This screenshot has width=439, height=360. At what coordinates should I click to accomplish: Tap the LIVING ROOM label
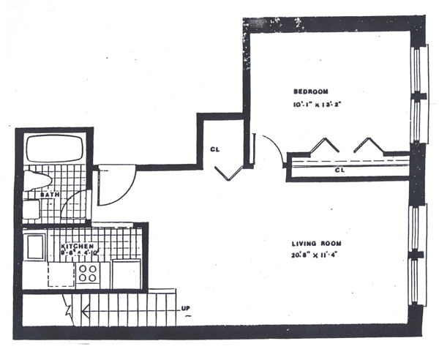click(315, 243)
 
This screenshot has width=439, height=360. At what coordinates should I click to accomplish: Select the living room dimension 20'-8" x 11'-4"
click(315, 255)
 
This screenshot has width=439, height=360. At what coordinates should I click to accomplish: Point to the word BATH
click(49, 195)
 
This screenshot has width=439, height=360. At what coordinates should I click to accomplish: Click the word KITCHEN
click(78, 247)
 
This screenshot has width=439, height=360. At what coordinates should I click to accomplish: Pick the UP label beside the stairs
click(187, 308)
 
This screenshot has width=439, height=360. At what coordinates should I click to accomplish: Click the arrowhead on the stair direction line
click(70, 312)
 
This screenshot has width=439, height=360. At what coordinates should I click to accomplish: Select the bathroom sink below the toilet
click(31, 209)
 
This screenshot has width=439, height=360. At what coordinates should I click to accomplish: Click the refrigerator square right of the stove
click(126, 274)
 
